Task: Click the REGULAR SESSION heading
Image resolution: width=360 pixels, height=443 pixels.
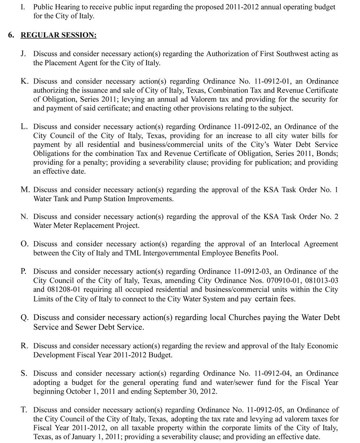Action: click(x=59, y=35)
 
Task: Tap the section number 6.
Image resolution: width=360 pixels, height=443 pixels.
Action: click(x=10, y=35)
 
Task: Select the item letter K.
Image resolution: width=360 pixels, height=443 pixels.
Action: click(x=24, y=81)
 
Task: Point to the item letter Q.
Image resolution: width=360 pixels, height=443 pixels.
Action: click(x=24, y=318)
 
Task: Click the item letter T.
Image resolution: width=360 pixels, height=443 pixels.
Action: click(x=24, y=410)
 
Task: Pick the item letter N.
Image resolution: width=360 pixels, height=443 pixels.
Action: click(x=24, y=217)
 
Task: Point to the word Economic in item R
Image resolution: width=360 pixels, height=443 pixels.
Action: click(x=324, y=346)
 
